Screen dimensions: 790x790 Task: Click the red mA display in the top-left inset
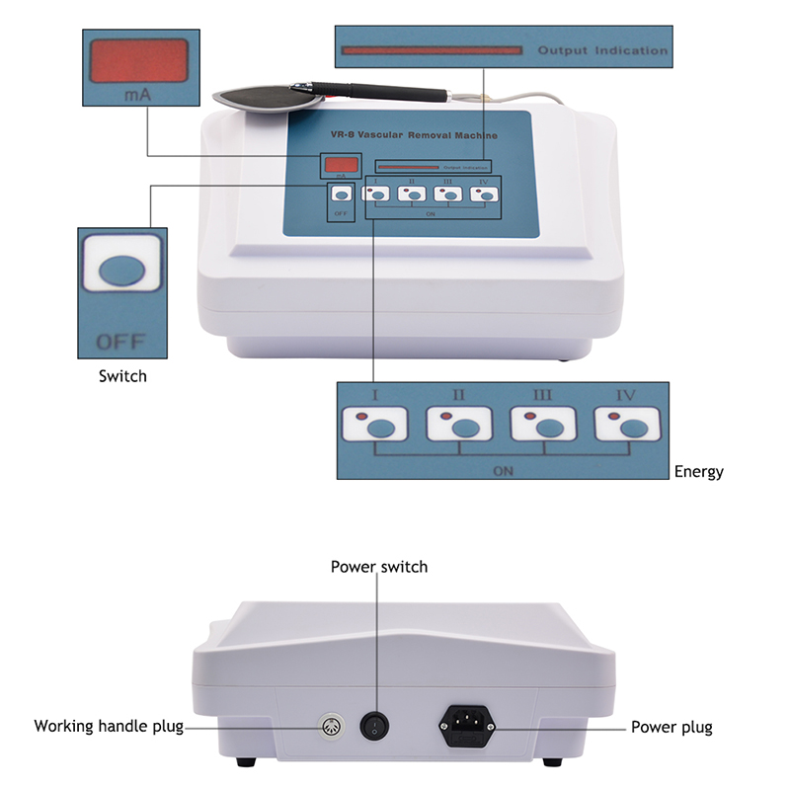pos(138,61)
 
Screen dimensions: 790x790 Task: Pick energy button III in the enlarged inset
pos(550,428)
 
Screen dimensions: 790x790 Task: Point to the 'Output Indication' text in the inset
pos(602,50)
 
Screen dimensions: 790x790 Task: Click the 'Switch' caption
pos(122,376)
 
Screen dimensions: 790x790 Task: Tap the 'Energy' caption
pos(698,472)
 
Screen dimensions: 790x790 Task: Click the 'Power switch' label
pos(378,567)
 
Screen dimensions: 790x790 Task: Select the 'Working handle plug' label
pos(109,727)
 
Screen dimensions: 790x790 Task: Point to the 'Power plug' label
pos(671,728)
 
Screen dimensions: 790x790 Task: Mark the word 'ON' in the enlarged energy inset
pos(503,471)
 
